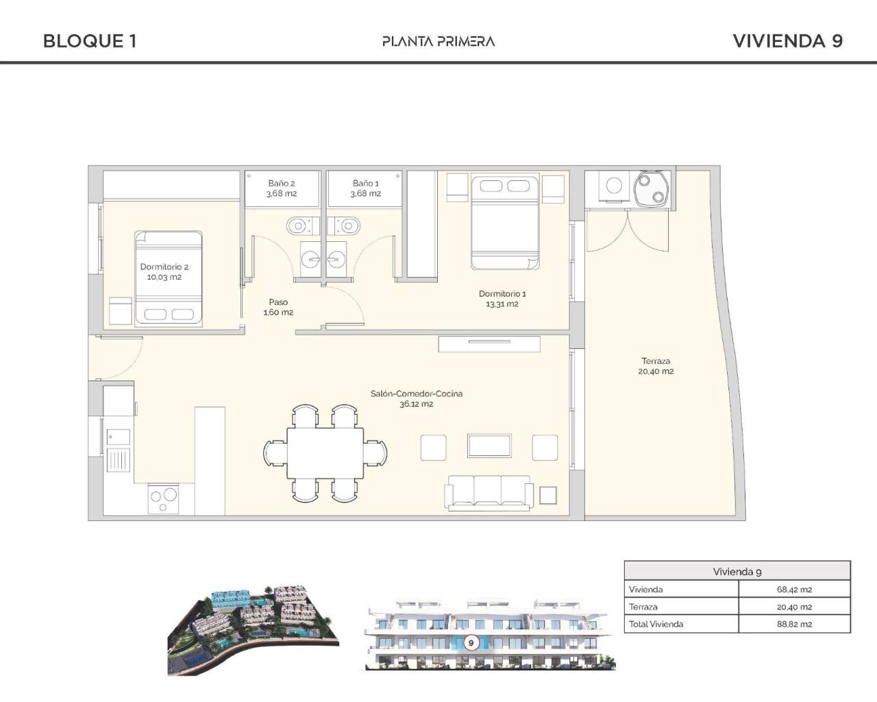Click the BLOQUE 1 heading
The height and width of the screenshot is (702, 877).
[x=90, y=41]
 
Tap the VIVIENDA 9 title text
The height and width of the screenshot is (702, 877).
[x=787, y=41]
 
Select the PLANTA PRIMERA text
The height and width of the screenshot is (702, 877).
[x=438, y=41]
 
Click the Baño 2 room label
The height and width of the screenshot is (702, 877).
[x=282, y=189]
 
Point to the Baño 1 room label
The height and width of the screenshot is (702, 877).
[x=365, y=189]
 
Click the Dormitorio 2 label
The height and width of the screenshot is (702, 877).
[x=164, y=272]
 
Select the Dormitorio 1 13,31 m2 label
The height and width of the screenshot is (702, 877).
[x=502, y=299]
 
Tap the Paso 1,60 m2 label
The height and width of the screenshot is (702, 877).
[x=278, y=307]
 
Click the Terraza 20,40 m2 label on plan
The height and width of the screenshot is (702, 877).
[x=656, y=366]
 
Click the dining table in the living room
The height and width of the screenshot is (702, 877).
[x=326, y=452]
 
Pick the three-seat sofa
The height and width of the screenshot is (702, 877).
[x=489, y=492]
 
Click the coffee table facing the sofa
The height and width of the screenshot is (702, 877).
[x=489, y=446]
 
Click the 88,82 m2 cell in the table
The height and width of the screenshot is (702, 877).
[x=794, y=625]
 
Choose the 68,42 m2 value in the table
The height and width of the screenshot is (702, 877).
[x=794, y=590]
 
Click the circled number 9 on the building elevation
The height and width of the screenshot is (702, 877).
[x=471, y=643]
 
